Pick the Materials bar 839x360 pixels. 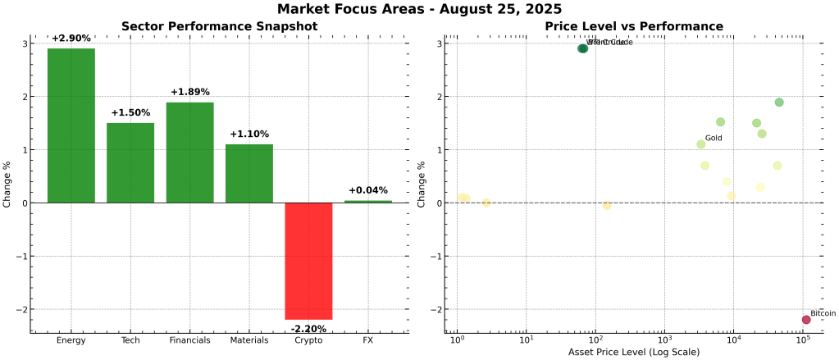249,173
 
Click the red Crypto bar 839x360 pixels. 308,261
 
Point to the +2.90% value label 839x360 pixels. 71,39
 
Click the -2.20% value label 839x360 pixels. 308,329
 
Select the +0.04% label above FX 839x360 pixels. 368,190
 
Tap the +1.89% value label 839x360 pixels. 190,92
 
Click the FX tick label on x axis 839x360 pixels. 368,340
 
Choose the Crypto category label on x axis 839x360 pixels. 308,340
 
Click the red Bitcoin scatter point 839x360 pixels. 806,320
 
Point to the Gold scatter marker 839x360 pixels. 701,144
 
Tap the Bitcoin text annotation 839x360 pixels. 823,313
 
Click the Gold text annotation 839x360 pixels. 714,138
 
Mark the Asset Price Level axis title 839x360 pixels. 634,352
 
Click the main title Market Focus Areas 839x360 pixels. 419,10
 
